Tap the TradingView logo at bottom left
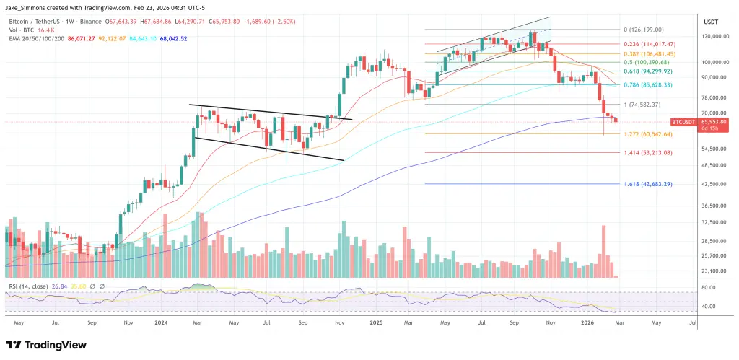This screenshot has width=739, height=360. (x=43, y=345)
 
